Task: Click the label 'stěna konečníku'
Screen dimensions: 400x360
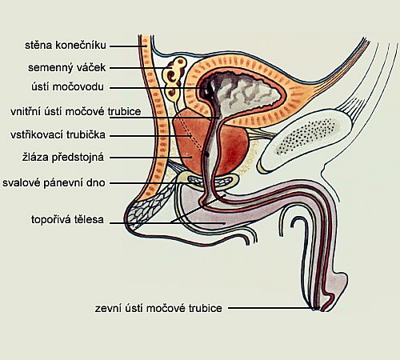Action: pyautogui.click(x=66, y=46)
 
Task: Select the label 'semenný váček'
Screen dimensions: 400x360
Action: pyautogui.click(x=67, y=67)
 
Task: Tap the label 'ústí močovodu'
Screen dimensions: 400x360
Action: pyautogui.click(x=68, y=87)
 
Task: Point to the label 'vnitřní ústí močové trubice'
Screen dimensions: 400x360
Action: pyautogui.click(x=76, y=111)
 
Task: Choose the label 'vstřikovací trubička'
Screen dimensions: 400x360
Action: pyautogui.click(x=58, y=134)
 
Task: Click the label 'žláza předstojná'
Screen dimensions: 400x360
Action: pyautogui.click(x=63, y=157)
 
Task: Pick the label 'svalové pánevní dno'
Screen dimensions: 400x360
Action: pyautogui.click(x=54, y=183)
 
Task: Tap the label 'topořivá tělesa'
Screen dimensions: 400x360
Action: pyautogui.click(x=67, y=220)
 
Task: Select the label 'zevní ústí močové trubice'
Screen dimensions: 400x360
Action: pyautogui.click(x=158, y=308)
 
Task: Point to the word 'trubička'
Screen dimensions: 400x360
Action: pyautogui.click(x=86, y=134)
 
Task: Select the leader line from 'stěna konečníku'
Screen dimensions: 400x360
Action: pyautogui.click(x=128, y=46)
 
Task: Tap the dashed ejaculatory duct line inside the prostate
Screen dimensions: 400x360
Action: pyautogui.click(x=191, y=134)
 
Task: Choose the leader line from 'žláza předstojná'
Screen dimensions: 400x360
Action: pyautogui.click(x=150, y=158)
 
